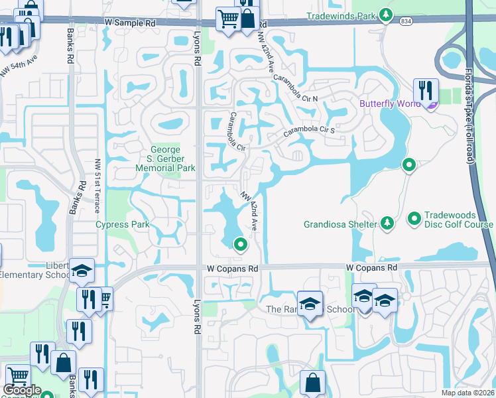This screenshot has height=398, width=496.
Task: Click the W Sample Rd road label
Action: [130, 23]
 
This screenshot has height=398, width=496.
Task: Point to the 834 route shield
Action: [405, 22]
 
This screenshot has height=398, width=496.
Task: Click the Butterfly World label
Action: [390, 103]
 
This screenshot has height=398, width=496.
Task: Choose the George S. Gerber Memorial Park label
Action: [166, 159]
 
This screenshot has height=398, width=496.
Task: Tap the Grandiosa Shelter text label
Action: [340, 224]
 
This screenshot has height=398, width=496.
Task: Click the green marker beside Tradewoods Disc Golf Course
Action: [414, 218]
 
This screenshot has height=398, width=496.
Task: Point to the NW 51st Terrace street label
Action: [97, 185]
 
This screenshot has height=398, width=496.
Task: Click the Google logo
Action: [22, 391]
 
